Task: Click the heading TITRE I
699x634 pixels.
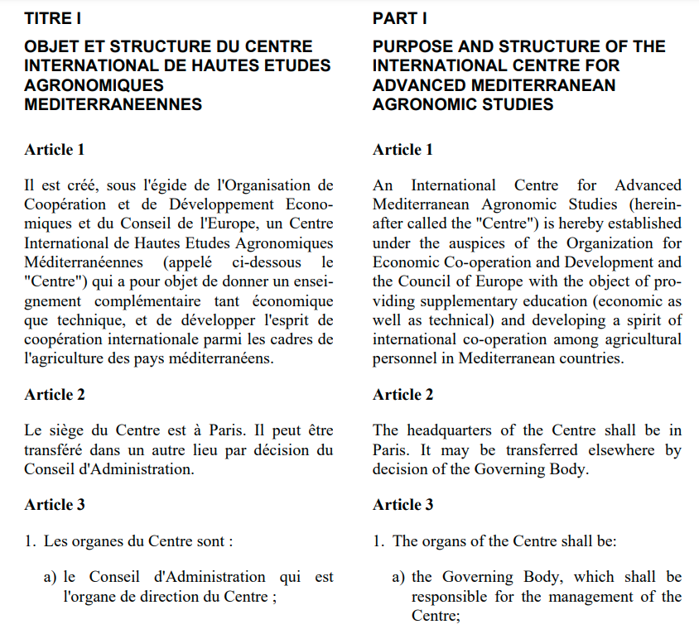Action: [x=53, y=18]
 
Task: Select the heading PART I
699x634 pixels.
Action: [x=399, y=18]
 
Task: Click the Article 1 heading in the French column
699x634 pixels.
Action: [x=55, y=150]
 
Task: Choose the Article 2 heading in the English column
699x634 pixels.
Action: [x=403, y=395]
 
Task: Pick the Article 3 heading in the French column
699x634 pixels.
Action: [x=55, y=505]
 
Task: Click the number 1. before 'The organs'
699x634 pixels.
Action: [x=378, y=541]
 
